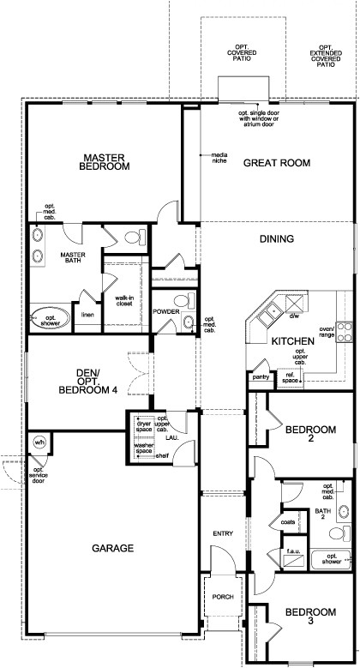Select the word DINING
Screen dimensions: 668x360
(276, 239)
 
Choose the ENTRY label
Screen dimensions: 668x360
(223, 534)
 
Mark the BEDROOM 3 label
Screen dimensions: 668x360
(309, 617)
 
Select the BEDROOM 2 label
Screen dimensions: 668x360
(309, 432)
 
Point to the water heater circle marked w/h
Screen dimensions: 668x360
(39, 442)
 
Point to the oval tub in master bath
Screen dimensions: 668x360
(45, 318)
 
